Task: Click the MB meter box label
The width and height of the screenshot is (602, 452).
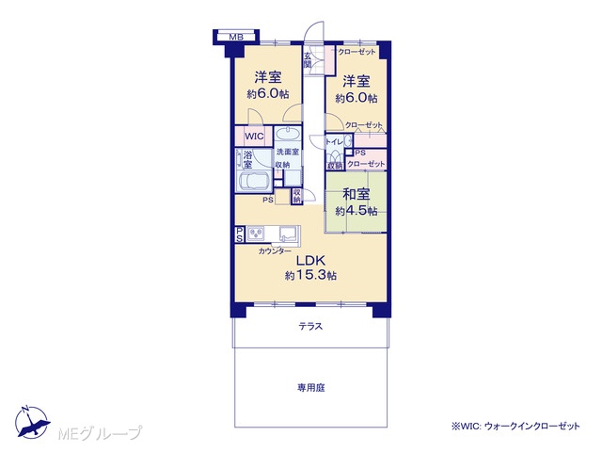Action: pos(236,38)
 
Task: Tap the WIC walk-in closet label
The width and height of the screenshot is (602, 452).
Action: pos(254,136)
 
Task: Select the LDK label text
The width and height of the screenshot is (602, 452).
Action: pos(310,261)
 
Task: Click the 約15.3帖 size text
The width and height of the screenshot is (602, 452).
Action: pos(311,275)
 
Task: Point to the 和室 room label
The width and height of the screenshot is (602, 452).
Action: pos(356,194)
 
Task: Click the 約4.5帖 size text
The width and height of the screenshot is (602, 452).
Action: pos(356,211)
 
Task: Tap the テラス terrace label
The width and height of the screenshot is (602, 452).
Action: pos(310,327)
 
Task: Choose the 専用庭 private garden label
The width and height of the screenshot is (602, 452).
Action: pos(311,387)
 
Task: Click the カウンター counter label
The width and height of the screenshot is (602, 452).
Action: pos(275,251)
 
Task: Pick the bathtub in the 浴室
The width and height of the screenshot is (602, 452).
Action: pos(255,181)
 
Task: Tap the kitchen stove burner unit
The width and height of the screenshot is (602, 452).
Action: pos(256,234)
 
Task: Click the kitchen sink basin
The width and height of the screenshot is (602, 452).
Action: pos(289,234)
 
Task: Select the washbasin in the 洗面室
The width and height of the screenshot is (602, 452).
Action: pos(288,135)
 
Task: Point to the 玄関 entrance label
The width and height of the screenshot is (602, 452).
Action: pos(308,60)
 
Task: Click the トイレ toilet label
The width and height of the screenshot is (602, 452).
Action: pos(334,142)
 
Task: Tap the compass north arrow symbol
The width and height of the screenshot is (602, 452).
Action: pos(32,422)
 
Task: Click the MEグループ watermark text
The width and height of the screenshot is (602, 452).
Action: pos(100,433)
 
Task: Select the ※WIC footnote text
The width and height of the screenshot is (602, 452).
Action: pos(515,426)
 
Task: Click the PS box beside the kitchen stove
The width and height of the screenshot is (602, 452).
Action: pos(239,234)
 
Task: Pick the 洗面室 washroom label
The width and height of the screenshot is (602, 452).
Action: pos(288,153)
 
